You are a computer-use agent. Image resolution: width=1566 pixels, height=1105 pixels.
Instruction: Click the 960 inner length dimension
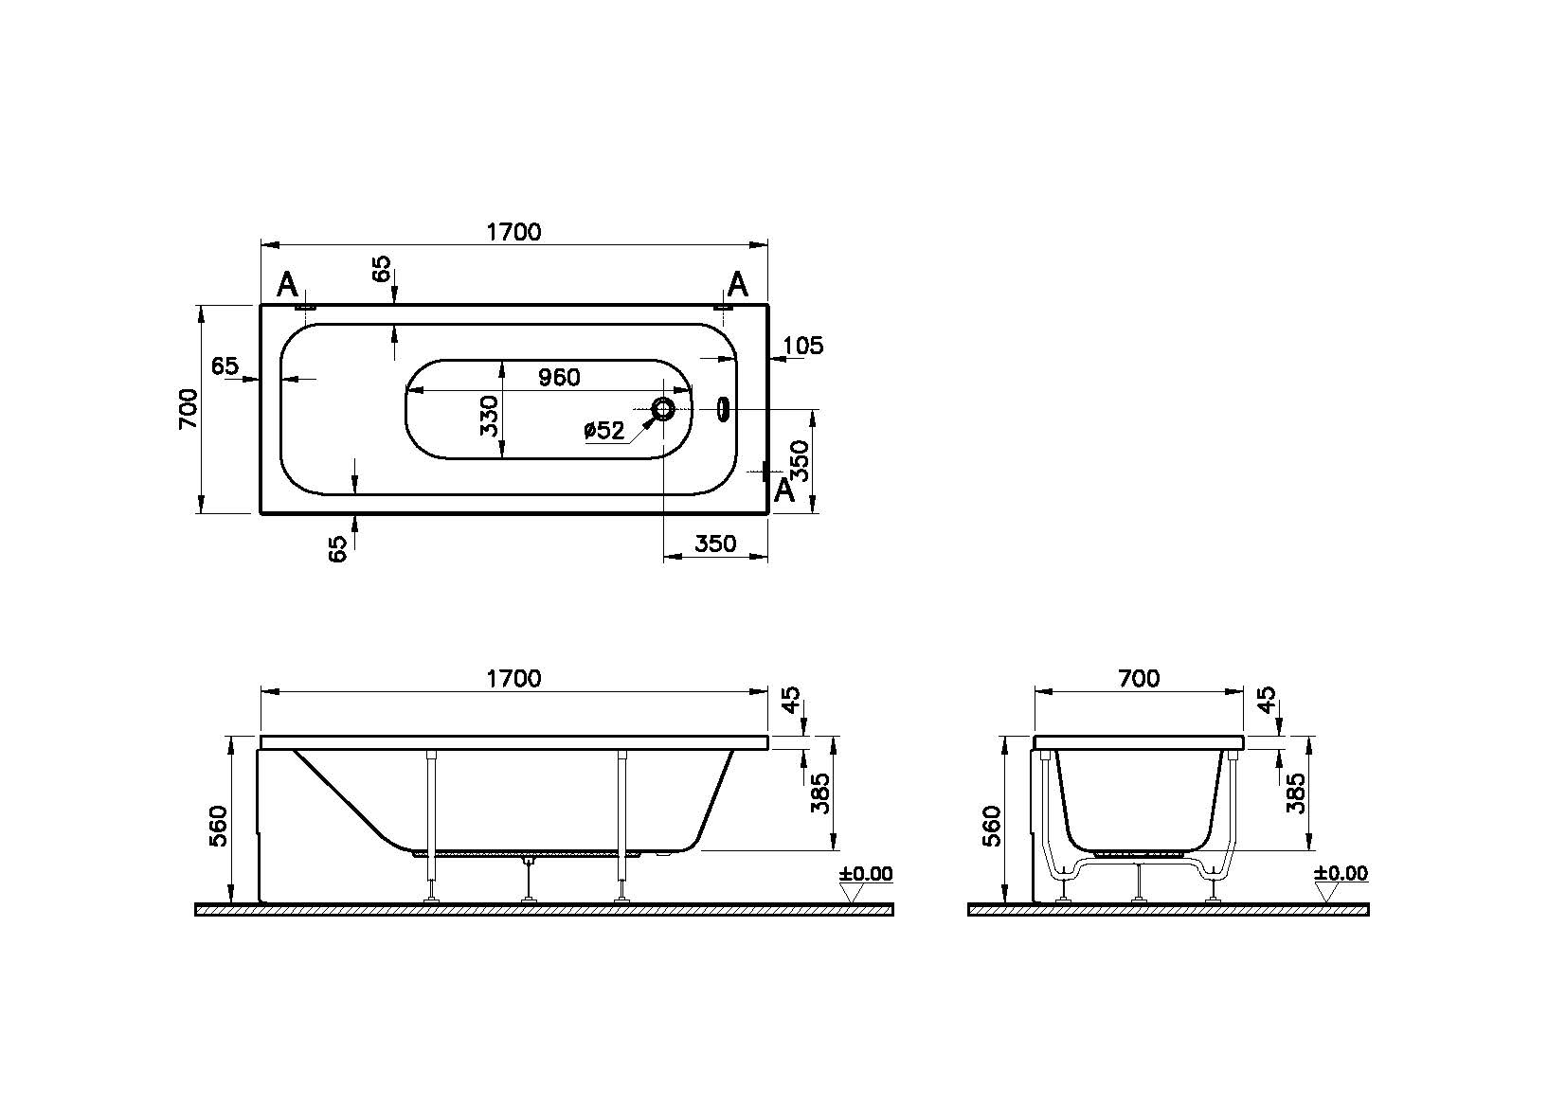coord(559,377)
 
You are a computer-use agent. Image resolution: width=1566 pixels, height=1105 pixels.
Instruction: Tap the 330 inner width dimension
coord(489,416)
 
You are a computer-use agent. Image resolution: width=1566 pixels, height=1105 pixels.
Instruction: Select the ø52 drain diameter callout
coord(604,431)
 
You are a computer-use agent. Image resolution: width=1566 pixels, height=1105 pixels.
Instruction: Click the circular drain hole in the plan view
coord(663,409)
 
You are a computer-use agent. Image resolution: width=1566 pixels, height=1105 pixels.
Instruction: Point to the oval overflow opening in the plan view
coord(724,409)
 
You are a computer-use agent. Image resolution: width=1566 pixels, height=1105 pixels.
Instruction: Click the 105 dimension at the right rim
coord(804,346)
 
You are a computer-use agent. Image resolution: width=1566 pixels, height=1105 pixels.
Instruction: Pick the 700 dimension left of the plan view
coord(189,409)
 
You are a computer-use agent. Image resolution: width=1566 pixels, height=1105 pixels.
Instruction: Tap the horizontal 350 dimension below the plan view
coord(715,544)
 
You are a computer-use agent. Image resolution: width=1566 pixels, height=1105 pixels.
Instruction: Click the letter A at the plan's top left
coord(287,283)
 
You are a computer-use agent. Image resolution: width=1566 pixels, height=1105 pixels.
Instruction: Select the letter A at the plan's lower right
coord(783,490)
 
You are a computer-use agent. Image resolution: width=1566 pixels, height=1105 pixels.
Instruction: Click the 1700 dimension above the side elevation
coord(513,678)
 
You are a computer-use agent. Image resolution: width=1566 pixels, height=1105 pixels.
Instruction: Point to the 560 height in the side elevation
coord(219,826)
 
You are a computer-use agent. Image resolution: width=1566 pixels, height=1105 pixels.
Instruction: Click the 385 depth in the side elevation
coord(821,793)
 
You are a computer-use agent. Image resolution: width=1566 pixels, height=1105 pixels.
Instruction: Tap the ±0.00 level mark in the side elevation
coord(865,873)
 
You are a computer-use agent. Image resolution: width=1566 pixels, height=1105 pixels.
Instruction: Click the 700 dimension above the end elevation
coord(1139,678)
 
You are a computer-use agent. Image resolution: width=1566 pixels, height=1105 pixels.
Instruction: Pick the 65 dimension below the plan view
coord(338,548)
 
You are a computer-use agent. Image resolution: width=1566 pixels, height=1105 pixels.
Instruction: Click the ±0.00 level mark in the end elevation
coord(1341,873)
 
